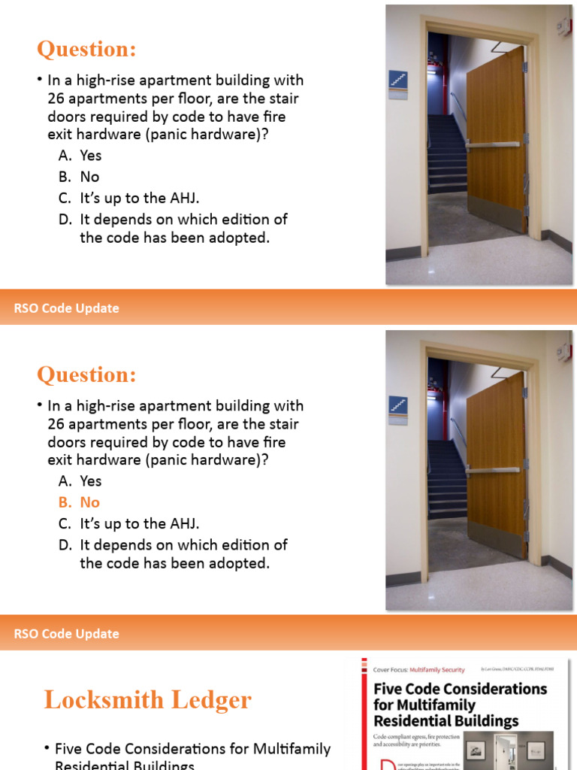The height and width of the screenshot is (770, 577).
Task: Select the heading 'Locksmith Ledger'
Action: coord(147,700)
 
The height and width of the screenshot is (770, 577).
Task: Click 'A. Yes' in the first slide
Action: coord(80,156)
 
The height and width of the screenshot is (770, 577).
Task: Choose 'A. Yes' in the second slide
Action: coord(80,481)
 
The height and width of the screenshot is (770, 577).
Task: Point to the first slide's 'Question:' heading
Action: coord(87,50)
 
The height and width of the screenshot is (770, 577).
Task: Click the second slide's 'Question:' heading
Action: coord(87,374)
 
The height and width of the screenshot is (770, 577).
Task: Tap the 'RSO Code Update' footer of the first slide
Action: coord(67,308)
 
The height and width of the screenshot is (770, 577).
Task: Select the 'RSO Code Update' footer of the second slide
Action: coord(67,634)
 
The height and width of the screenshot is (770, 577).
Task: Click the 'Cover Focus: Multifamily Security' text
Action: coord(419,669)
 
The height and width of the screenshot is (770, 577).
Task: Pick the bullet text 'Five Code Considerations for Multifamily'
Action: coord(192,749)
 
